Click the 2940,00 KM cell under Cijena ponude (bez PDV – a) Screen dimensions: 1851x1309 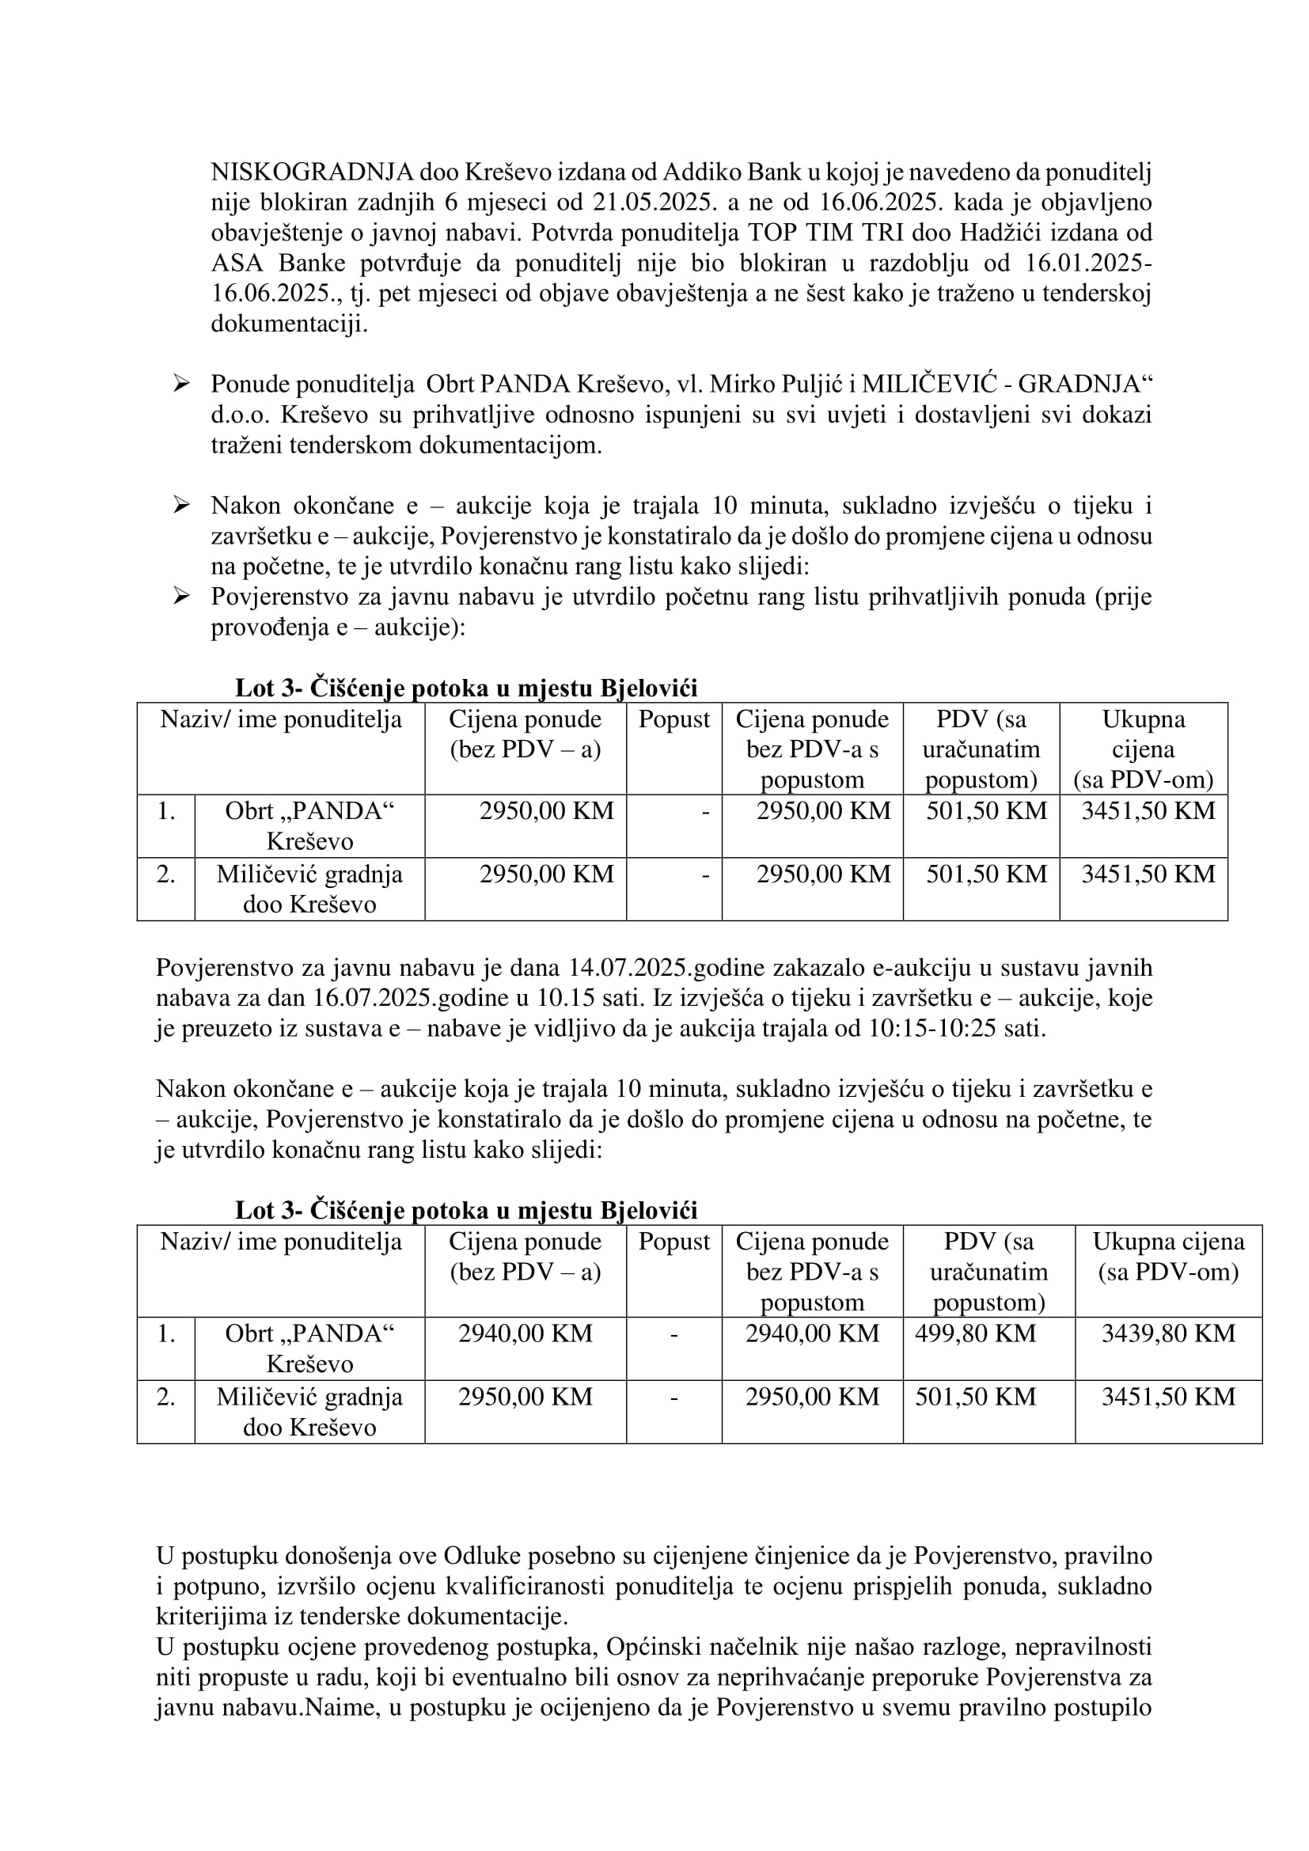click(525, 1333)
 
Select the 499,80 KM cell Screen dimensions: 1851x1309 click(975, 1333)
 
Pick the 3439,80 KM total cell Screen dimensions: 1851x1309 click(1168, 1333)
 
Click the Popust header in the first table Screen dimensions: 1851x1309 click(673, 719)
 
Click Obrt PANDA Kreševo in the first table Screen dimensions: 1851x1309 click(309, 825)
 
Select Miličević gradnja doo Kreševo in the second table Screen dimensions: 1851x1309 click(309, 1412)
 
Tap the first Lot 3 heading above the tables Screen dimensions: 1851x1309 click(466, 688)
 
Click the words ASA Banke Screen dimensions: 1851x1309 click(278, 263)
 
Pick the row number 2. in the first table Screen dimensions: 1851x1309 click(166, 874)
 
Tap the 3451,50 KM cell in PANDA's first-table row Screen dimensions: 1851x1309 click(1148, 810)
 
